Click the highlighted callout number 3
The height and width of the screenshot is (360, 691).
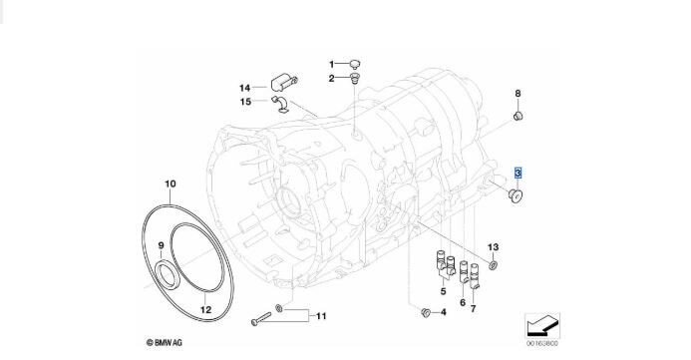point(518,174)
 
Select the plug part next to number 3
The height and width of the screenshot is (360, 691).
point(515,195)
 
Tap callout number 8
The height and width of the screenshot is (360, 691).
point(518,94)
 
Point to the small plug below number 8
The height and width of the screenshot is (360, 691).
point(518,116)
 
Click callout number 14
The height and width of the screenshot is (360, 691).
point(244,88)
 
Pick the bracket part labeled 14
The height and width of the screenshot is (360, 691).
point(283,83)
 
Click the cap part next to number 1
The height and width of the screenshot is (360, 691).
point(355,65)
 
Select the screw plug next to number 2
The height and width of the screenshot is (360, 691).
point(355,80)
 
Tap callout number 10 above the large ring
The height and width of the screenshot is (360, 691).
point(171,183)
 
